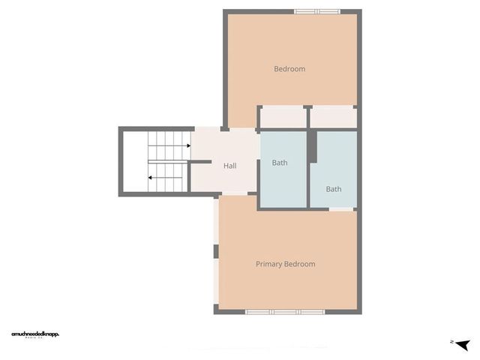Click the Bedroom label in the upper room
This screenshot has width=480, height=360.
pos(289,69)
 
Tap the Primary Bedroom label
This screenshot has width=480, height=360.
pos(285,264)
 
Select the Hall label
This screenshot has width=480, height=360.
pos(230,166)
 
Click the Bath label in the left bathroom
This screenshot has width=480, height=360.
pos(280,163)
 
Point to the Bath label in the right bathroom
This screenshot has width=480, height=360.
pos(334,189)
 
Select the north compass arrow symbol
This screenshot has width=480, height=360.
pos(462,343)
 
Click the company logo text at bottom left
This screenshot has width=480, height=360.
pos(35,334)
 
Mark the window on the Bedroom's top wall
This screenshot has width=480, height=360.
pos(316,11)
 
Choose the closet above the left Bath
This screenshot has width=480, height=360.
pos(283,117)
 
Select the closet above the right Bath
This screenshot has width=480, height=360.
pos(333,117)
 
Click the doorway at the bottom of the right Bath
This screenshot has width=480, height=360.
pos(342,209)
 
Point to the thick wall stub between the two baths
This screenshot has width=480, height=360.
pos(313,148)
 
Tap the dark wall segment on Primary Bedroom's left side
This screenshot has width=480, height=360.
pos(216,252)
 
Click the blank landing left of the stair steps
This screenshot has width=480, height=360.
pos(135,162)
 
